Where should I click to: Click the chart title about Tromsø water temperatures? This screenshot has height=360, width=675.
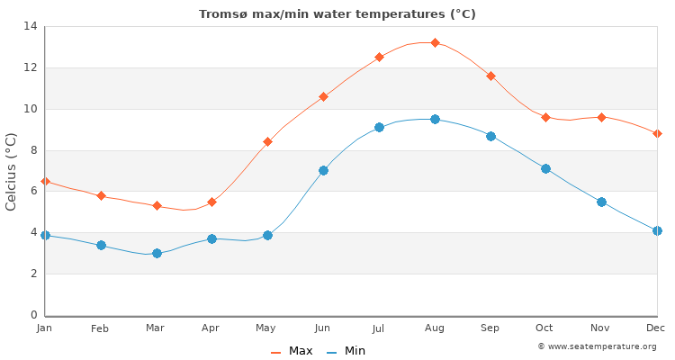coord(337,13)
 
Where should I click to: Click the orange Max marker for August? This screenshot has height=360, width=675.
coord(435,42)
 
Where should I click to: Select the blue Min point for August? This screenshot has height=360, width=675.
coord(435,119)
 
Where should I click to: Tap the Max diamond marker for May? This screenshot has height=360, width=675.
coord(267,141)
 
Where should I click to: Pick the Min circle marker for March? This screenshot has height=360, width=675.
coord(157,253)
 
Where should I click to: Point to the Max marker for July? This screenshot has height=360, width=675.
coord(379,57)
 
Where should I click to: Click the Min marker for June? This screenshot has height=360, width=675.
coord(323,170)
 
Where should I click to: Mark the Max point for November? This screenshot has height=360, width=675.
coord(601,117)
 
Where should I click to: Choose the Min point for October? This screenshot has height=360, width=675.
coord(545,168)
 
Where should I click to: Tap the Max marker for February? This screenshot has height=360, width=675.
coord(101,195)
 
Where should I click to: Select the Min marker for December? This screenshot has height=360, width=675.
coord(657,230)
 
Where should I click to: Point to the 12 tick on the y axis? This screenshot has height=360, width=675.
coord(31,67)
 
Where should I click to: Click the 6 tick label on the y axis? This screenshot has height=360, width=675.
coord(33,191)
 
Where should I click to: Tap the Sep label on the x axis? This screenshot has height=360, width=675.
coord(490,328)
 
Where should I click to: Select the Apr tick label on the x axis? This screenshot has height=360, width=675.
coord(211,328)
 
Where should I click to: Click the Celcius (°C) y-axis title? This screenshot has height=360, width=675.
coord(12,171)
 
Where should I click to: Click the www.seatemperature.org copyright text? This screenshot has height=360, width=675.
coord(597,346)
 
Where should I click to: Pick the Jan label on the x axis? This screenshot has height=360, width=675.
coord(45,328)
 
